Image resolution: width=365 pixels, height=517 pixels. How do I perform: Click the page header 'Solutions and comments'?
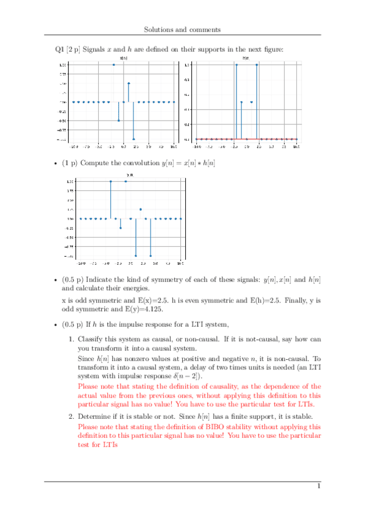[182, 29]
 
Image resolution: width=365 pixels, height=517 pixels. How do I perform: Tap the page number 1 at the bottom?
[317, 486]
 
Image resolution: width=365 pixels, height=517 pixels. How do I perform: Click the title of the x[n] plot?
[123, 59]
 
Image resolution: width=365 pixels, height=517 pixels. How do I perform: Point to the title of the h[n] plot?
[246, 59]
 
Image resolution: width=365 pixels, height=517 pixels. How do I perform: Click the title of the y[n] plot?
[130, 175]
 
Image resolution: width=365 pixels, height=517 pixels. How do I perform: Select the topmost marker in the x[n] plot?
[113, 64]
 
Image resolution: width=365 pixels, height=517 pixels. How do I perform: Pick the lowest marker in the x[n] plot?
[133, 139]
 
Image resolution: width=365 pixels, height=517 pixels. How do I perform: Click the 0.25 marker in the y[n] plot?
[141, 209]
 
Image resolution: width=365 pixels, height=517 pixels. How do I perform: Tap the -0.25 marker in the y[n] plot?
[121, 228]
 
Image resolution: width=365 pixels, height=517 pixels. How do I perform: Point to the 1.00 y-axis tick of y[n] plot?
[70, 182]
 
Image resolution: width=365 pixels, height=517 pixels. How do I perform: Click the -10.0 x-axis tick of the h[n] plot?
[197, 147]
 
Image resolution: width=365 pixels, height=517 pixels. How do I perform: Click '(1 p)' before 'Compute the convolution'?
[71, 163]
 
